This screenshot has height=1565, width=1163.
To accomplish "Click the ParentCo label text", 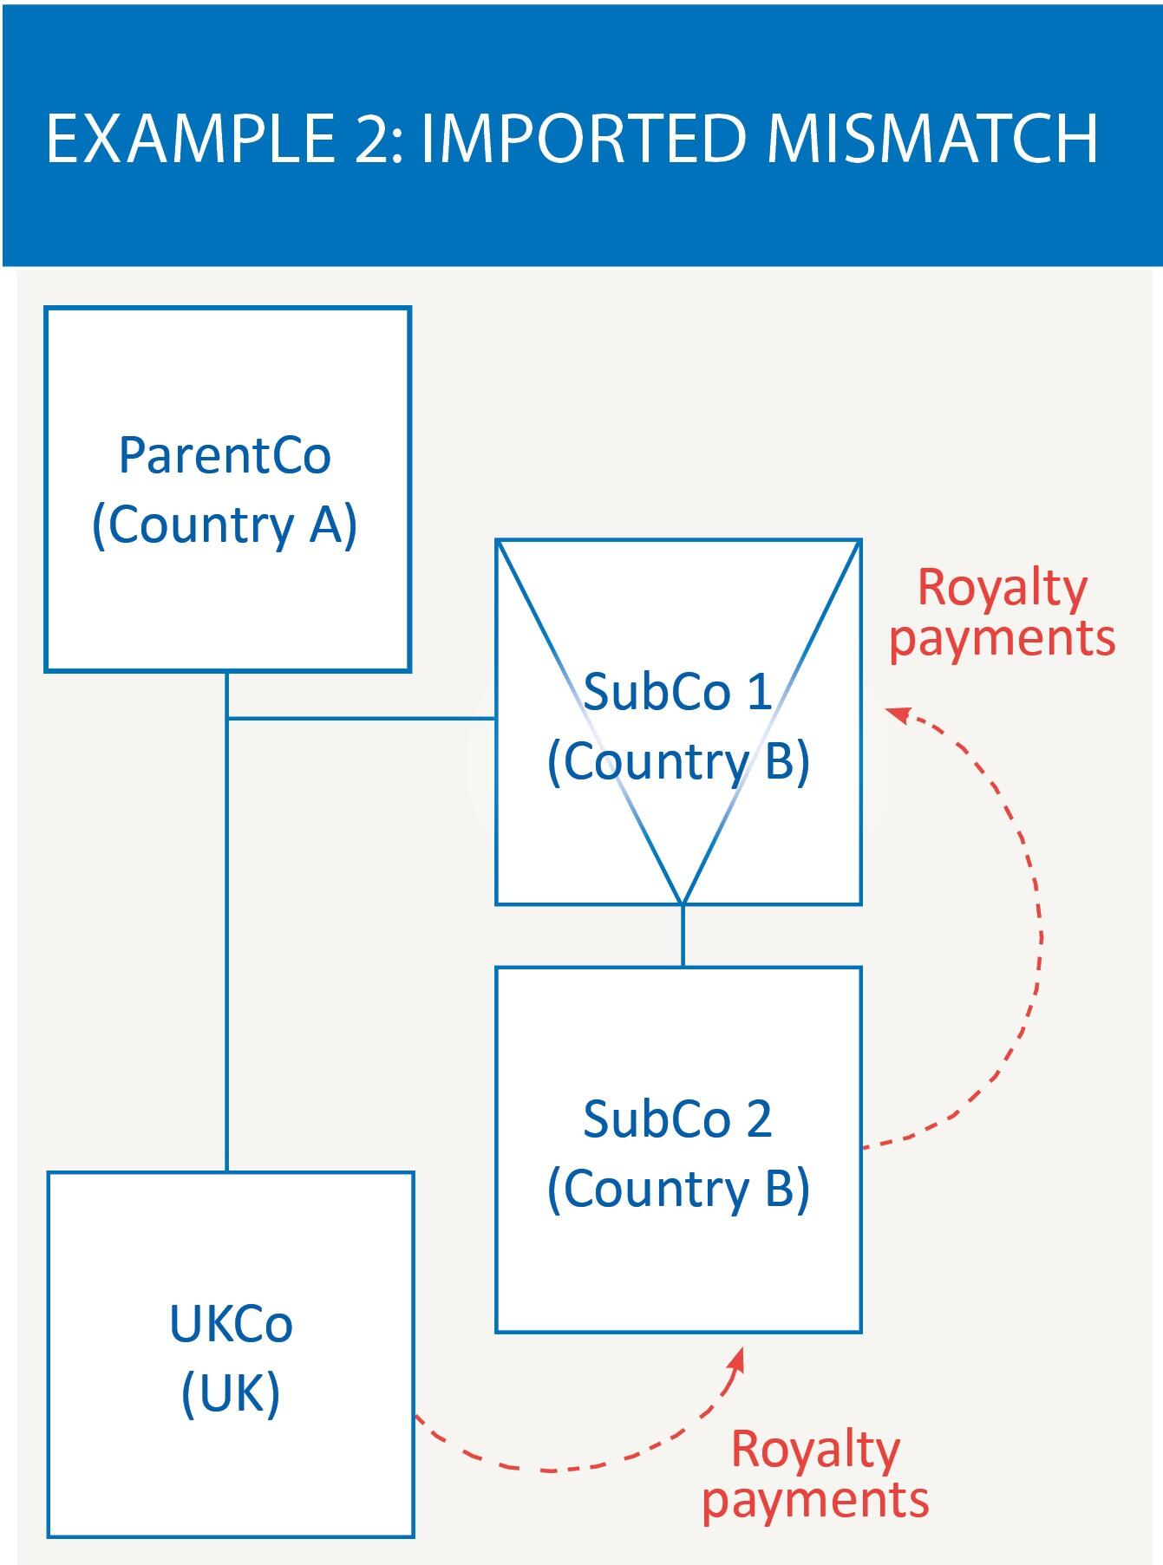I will tap(225, 455).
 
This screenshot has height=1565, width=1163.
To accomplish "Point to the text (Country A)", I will tap(225, 525).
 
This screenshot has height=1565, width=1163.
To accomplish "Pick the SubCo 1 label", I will tap(677, 692).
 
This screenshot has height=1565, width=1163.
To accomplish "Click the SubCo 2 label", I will tap(677, 1118).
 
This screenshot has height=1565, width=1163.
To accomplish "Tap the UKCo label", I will tap(231, 1324).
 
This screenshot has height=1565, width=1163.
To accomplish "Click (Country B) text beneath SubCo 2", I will tap(678, 1188).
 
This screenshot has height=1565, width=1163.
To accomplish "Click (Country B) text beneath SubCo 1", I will tap(678, 761).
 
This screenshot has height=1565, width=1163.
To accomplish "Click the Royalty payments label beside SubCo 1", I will tap(1003, 613).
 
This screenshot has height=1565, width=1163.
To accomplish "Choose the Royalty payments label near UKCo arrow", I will tap(815, 1474).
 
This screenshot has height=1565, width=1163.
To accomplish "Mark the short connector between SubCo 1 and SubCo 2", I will tap(683, 936).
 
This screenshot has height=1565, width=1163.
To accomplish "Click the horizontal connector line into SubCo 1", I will tap(361, 718).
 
